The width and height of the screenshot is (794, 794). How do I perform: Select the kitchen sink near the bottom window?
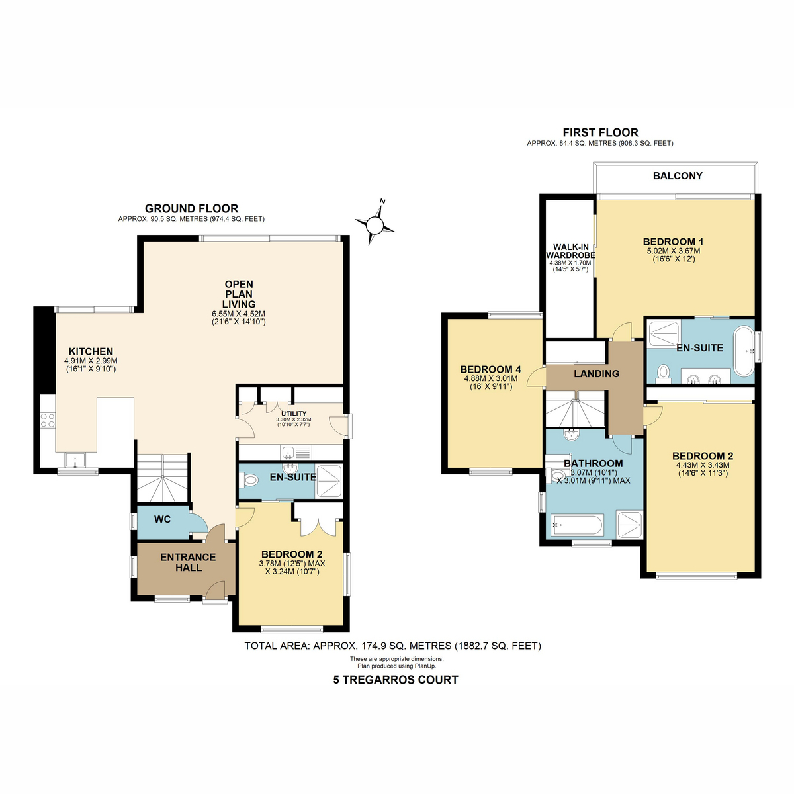coord(75,461)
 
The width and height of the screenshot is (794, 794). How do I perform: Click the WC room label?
coord(162,519)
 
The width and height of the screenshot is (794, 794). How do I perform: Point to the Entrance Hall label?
coord(188,562)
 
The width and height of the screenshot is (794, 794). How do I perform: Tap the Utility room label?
coord(294,414)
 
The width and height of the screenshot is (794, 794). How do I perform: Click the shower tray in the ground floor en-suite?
coord(328,481)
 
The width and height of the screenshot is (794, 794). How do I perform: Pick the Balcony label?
coord(678,176)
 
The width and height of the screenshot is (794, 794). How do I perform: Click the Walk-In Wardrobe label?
coord(570,251)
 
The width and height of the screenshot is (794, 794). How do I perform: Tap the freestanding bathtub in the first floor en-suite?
coord(744,351)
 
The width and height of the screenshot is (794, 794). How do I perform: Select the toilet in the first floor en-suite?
coord(663,372)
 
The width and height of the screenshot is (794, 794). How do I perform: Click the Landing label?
coord(597,374)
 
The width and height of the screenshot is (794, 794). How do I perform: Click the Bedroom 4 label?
coord(491,369)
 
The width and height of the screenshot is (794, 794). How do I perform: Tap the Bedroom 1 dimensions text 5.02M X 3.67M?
coord(674,251)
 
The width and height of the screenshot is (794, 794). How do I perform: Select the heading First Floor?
coord(600,133)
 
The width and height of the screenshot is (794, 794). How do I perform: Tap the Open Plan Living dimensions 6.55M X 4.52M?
coord(239,314)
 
